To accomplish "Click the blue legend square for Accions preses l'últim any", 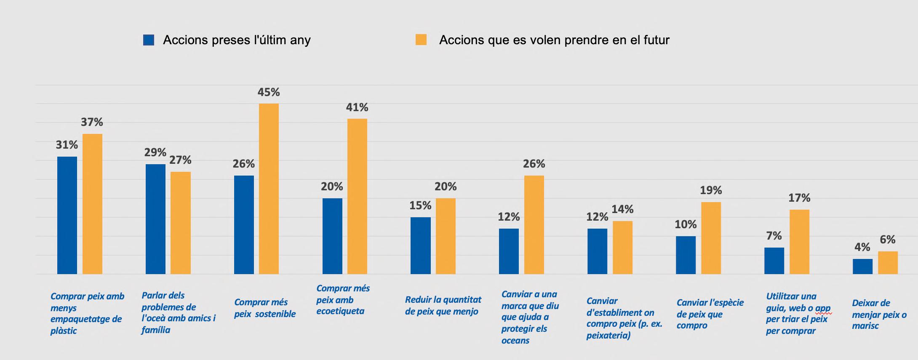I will click(149, 40).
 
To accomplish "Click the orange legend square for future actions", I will click(421, 40).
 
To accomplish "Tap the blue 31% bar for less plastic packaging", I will click(67, 215).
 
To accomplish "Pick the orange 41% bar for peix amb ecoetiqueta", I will click(357, 196).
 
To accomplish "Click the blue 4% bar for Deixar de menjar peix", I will click(862, 267).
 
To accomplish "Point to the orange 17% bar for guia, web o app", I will click(799, 242).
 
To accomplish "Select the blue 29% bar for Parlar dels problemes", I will click(155, 219).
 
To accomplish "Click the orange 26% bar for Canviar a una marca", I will click(534, 225).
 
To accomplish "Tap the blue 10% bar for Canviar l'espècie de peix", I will click(686, 255).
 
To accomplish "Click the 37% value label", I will click(92, 122).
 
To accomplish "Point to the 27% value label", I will click(180, 160).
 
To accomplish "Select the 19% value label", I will click(711, 190).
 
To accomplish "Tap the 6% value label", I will click(887, 240).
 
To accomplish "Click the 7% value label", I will click(774, 236).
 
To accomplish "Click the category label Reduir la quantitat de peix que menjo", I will click(443, 306).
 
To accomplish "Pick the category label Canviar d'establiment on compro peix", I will click(624, 318).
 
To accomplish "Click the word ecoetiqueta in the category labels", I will click(340, 312).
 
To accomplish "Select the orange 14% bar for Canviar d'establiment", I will click(622, 248).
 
